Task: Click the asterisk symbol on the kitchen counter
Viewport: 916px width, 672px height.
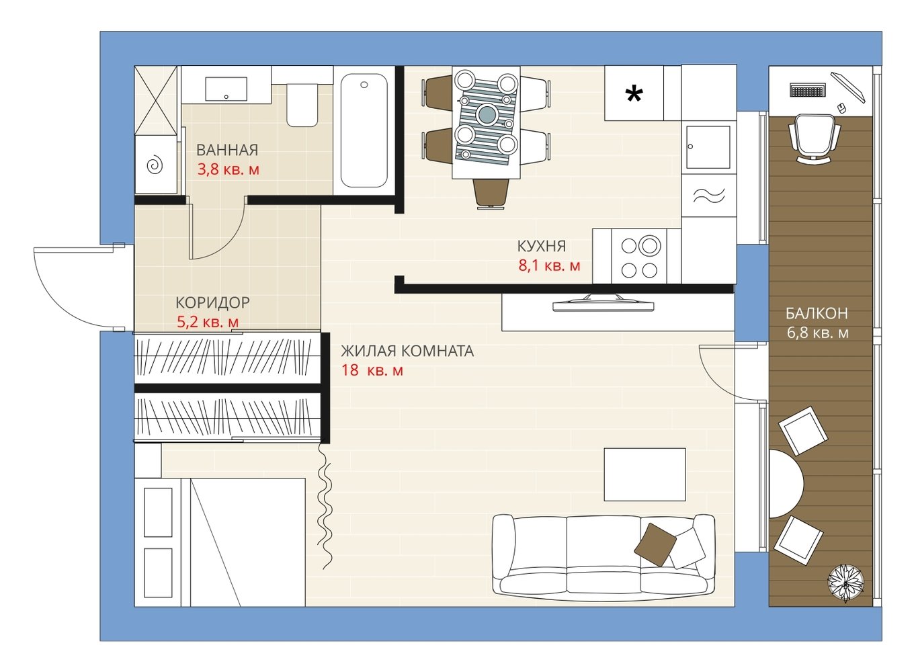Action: (x=634, y=95)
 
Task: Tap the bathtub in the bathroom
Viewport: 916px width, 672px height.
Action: (x=364, y=130)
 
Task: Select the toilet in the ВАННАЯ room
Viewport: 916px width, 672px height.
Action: (x=302, y=105)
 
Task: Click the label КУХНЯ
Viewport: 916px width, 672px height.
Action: (x=542, y=246)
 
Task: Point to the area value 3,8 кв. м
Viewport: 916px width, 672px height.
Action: (x=228, y=169)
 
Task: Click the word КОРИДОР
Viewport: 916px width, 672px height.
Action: (x=212, y=302)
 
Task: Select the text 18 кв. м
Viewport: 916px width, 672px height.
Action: (x=372, y=370)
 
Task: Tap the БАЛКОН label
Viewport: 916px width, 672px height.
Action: (x=817, y=313)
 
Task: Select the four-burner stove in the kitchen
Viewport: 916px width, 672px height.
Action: (x=639, y=256)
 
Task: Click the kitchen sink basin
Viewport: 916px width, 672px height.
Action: (x=708, y=147)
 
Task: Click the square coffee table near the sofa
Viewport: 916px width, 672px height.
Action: (x=645, y=474)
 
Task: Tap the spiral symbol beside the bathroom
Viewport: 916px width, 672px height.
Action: (x=155, y=165)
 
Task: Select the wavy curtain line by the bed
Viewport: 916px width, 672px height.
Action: (x=325, y=506)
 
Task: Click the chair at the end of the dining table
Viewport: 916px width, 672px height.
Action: (x=491, y=195)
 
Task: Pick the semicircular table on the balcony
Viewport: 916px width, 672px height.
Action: (x=786, y=484)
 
